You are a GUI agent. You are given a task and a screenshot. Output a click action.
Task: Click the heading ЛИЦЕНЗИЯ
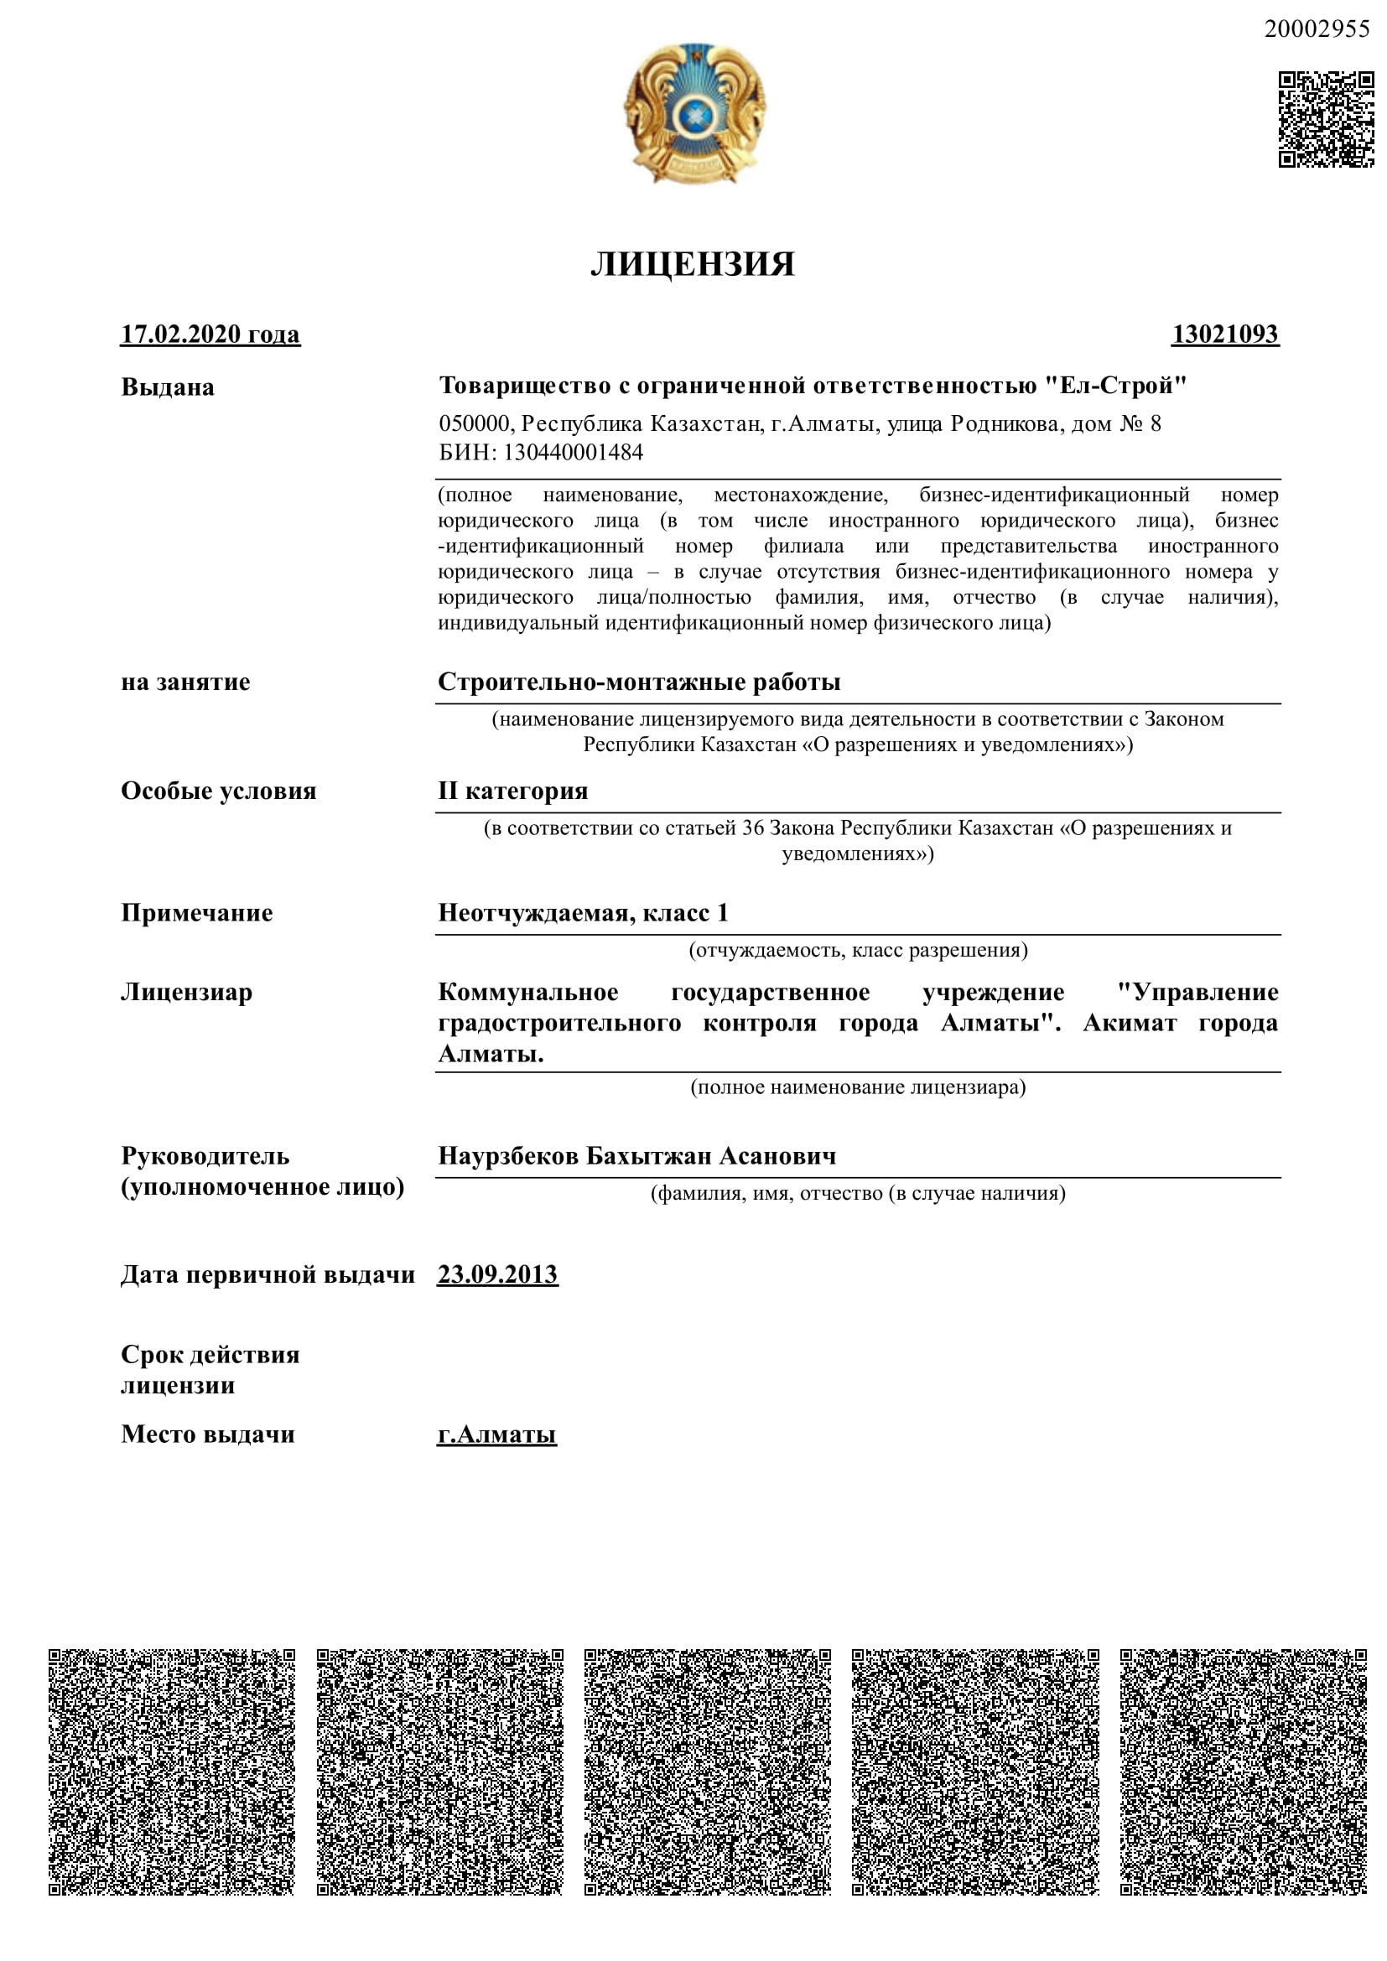tap(693, 265)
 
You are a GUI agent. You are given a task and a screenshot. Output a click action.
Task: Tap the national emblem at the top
tap(694, 113)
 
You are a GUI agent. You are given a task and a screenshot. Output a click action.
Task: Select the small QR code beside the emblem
tap(1325, 119)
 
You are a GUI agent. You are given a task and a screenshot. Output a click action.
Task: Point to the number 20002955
tap(1316, 29)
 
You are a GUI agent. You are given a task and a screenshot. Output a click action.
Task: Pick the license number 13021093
tap(1224, 334)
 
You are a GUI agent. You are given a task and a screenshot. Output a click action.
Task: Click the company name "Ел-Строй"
tap(1115, 386)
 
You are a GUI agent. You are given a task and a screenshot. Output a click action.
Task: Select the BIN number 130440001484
tap(572, 453)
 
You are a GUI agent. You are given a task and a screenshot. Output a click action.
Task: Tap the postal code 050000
tap(475, 423)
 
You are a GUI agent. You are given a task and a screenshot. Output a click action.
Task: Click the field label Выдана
tap(168, 386)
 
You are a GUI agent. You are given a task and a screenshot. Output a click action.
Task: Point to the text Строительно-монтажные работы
tap(639, 682)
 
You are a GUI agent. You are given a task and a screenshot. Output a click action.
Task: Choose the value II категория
tap(512, 791)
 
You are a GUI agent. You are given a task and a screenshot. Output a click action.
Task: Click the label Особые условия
tap(219, 791)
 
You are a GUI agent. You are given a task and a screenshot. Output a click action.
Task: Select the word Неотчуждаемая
tap(536, 913)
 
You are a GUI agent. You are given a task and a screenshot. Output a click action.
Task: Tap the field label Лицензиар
tap(186, 993)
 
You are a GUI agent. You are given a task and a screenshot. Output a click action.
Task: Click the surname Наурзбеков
tap(508, 1156)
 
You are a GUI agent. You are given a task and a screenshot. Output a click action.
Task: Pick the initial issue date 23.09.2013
tap(497, 1275)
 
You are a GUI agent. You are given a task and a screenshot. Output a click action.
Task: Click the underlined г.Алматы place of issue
tap(496, 1434)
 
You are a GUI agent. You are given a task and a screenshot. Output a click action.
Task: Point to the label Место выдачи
tap(207, 1434)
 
